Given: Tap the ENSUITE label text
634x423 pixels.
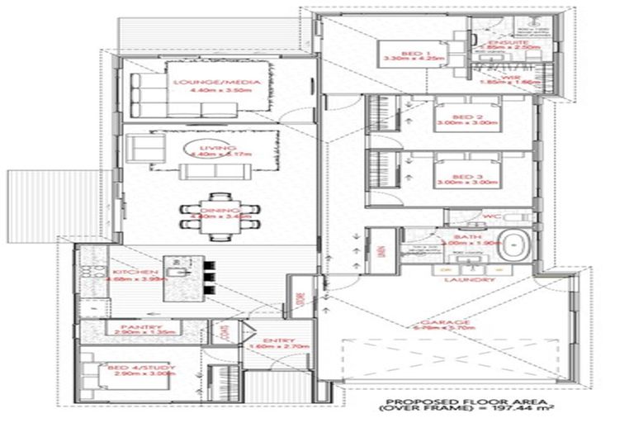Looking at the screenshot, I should pos(502,42).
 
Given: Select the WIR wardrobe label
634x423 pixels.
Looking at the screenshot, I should pos(502,78).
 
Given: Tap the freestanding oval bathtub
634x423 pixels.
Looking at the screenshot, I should pos(517,245).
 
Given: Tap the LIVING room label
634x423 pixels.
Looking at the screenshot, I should pos(219,149).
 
